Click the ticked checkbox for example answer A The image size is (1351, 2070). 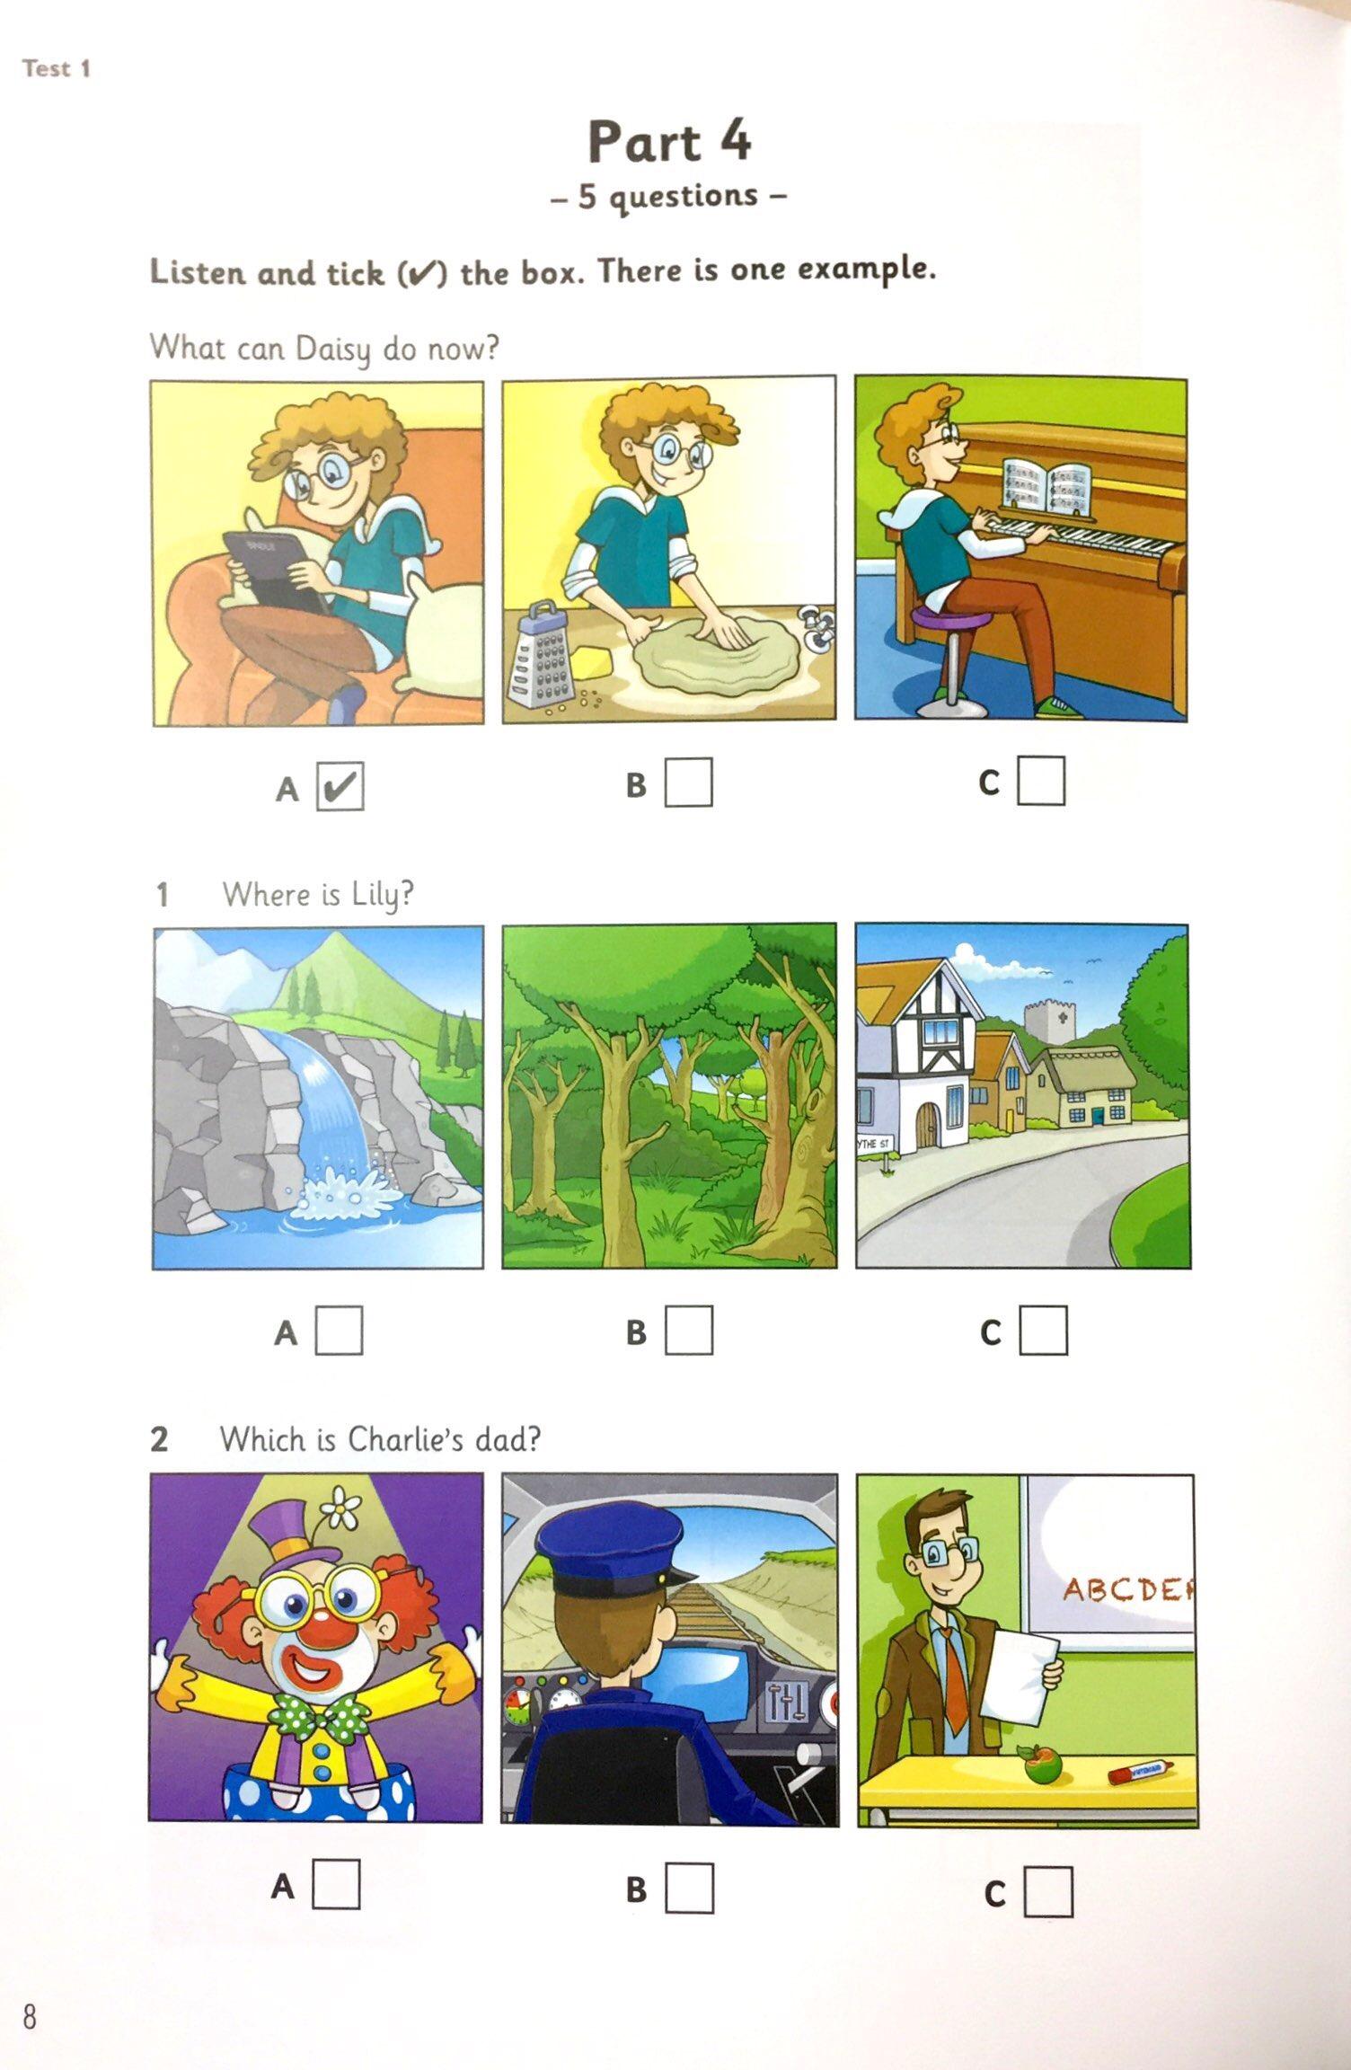pos(340,785)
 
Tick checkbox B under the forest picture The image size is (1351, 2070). pos(689,1330)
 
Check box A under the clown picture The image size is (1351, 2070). pos(337,1882)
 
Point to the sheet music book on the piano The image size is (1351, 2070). pos(1046,489)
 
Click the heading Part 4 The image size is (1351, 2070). pos(669,141)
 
